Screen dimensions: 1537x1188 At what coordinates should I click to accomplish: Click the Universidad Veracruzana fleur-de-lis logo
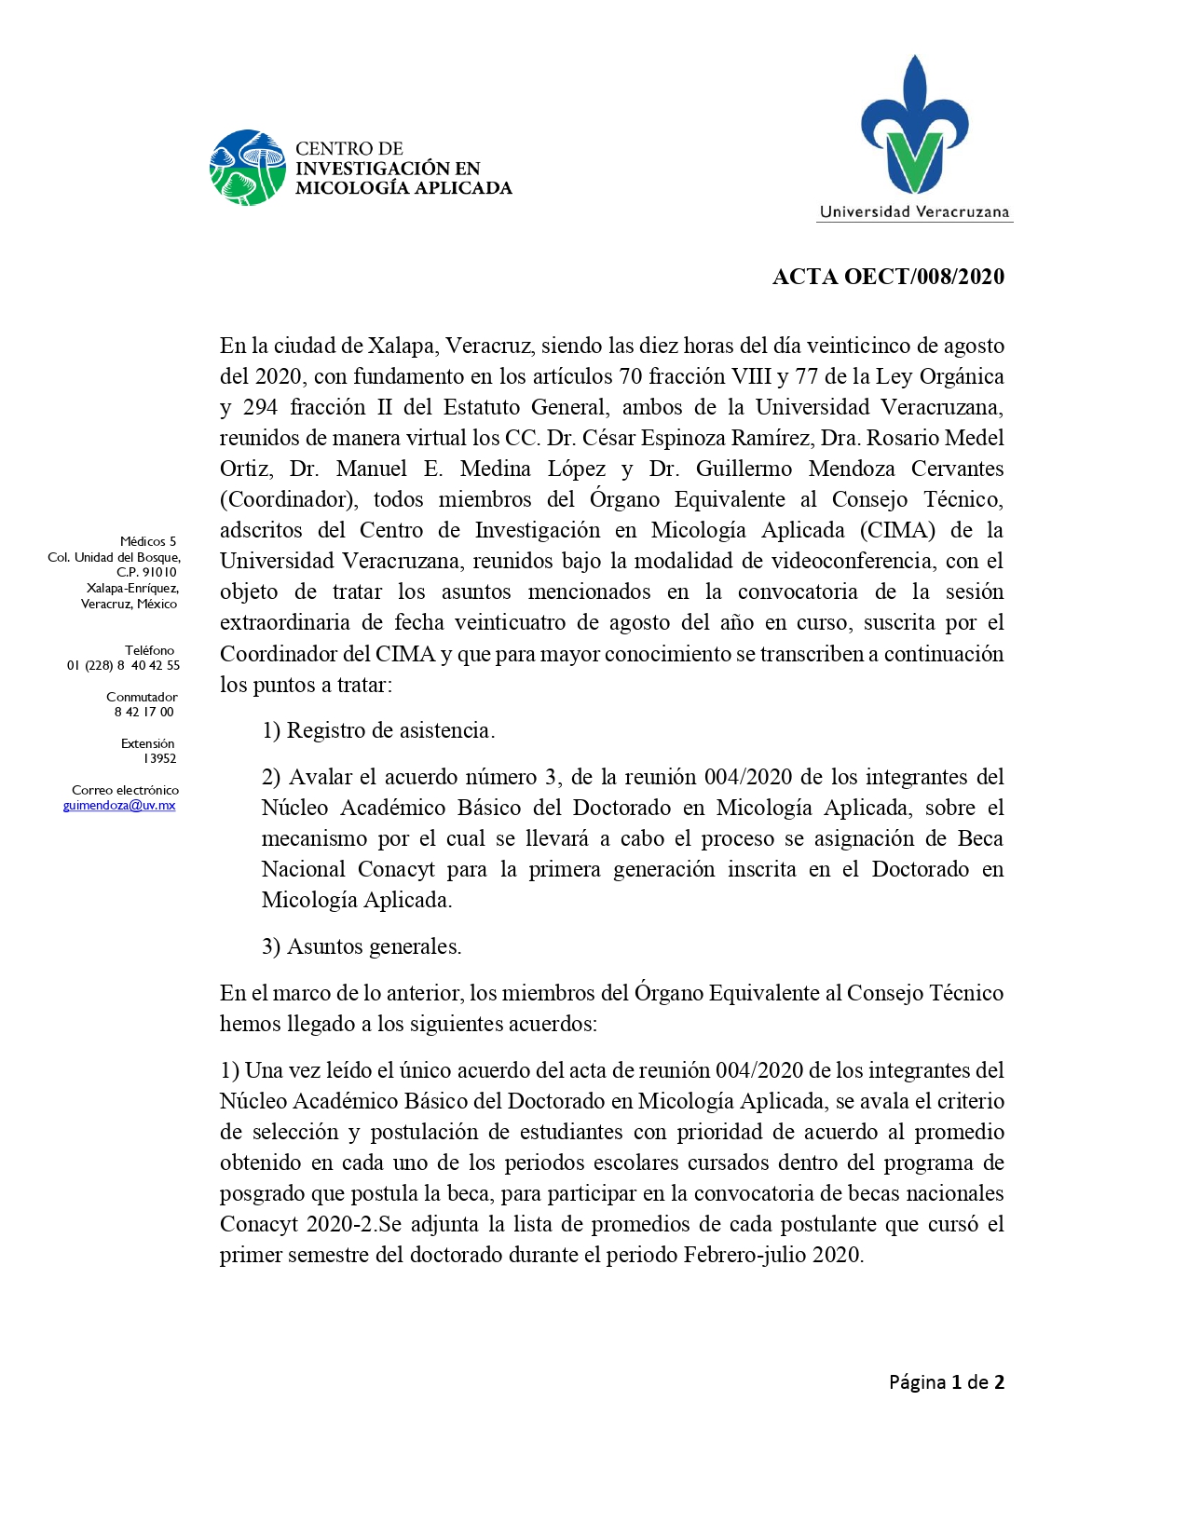point(914,126)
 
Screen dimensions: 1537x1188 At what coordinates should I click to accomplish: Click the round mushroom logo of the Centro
point(247,168)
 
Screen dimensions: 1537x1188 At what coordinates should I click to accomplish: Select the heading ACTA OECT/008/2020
point(888,277)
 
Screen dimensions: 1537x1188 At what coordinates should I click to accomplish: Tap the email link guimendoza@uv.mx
point(119,806)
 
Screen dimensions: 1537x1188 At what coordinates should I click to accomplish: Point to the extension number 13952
point(159,758)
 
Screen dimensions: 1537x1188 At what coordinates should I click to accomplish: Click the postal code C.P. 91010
point(146,572)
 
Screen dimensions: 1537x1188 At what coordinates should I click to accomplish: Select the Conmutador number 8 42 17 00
point(144,712)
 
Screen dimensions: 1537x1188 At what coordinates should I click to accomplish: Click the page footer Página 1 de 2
point(946,1382)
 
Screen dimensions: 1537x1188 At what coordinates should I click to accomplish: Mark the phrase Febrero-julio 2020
point(773,1255)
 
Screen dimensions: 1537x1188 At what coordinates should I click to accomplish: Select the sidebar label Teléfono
point(149,650)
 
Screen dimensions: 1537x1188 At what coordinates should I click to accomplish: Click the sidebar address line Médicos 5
point(148,541)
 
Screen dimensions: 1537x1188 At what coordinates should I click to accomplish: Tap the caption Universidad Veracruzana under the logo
point(914,211)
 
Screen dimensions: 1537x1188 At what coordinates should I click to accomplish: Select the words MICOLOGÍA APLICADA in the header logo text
point(403,188)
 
